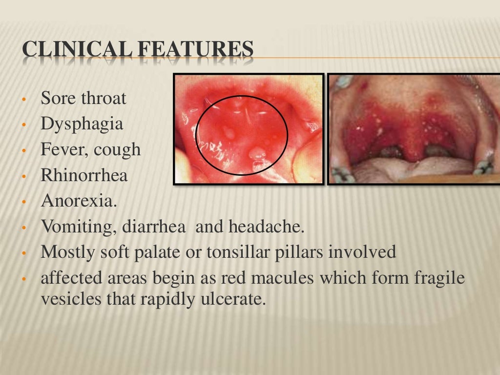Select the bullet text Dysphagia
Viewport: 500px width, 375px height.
click(x=82, y=124)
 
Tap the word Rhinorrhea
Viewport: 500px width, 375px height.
click(x=84, y=175)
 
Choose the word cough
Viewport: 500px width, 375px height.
click(x=118, y=149)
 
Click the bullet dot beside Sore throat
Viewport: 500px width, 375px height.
click(x=23, y=100)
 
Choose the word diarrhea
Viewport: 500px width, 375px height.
click(x=159, y=227)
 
